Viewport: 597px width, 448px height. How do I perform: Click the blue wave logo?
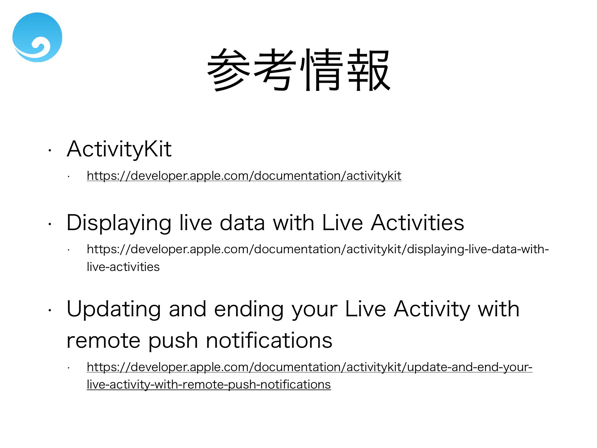(37, 37)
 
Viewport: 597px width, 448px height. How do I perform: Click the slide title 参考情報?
(298, 70)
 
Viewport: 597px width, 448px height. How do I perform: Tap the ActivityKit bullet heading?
(119, 149)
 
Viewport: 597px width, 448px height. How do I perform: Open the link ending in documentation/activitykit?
(244, 176)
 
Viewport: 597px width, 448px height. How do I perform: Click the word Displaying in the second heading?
(119, 223)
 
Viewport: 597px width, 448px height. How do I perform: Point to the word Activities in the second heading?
(417, 223)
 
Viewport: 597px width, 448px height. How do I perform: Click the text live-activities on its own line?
(123, 267)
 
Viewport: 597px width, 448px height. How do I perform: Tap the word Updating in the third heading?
(114, 310)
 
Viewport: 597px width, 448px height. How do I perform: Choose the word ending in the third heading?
(249, 310)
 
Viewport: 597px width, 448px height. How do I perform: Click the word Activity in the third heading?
(432, 310)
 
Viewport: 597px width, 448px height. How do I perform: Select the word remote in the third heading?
(103, 340)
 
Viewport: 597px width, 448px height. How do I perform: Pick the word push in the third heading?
(173, 341)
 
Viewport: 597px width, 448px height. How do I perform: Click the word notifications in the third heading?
(269, 340)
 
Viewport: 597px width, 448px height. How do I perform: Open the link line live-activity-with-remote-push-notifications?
(209, 385)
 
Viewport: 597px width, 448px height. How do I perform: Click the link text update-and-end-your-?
(470, 367)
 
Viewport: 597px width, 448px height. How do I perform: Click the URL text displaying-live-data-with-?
(478, 250)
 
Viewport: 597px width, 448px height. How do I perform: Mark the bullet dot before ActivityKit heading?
(49, 151)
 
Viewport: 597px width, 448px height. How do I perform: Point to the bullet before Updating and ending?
(49, 310)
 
